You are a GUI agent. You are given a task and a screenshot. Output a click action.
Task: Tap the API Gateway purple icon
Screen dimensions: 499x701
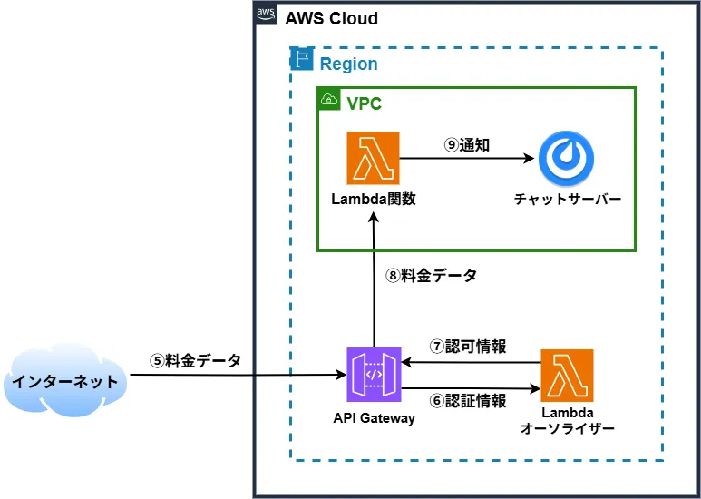tap(373, 374)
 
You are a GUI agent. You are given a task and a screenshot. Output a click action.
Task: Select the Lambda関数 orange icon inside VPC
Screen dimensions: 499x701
tap(373, 159)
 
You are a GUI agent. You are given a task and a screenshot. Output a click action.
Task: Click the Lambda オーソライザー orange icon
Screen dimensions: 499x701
tap(567, 376)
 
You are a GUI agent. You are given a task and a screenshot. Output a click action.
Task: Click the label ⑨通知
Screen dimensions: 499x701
tap(467, 144)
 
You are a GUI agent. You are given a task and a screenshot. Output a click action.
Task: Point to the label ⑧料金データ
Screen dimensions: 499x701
tap(431, 276)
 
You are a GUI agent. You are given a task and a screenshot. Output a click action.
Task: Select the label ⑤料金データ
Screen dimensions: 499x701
tap(196, 360)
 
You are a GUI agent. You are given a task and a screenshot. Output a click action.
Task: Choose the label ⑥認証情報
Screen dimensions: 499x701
tap(468, 400)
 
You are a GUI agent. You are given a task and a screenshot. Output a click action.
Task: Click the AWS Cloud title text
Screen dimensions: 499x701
tap(331, 19)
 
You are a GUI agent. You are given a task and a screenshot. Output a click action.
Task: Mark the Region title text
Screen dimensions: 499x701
tap(348, 64)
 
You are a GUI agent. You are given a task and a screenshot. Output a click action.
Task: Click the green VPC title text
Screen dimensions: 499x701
tap(365, 103)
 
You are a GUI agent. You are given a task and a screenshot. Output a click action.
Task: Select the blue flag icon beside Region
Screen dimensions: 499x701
tap(300, 60)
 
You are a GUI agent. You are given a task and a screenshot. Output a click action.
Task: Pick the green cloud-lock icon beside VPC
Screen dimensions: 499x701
tap(328, 99)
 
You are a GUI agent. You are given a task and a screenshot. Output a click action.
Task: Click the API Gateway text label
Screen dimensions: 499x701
tap(374, 418)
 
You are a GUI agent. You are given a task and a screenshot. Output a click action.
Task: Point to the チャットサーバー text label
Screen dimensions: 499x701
tap(568, 200)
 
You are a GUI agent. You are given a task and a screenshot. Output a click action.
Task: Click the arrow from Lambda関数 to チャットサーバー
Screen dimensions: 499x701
tap(467, 159)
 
